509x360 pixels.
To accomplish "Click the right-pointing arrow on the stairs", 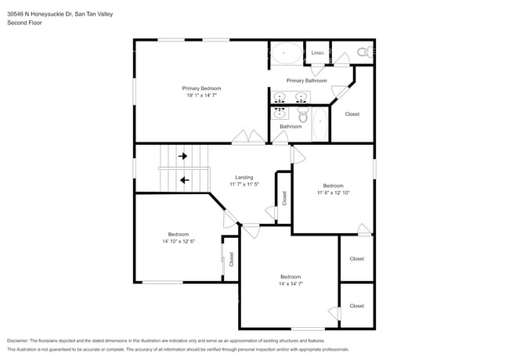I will click(x=183, y=157).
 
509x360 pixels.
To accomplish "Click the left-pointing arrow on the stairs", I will click(x=184, y=180).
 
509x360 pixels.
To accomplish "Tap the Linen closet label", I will click(x=317, y=53).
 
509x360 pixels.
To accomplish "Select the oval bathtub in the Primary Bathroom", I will click(x=286, y=53).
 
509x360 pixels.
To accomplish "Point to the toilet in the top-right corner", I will click(x=363, y=52).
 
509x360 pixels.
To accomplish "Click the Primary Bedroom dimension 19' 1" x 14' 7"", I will click(x=201, y=96).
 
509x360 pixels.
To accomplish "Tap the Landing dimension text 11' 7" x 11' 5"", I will click(x=244, y=185).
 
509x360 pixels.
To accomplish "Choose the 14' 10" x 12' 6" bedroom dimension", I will click(x=178, y=242).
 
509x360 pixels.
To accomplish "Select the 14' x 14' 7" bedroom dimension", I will click(x=291, y=284).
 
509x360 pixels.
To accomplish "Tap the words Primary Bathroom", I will click(x=306, y=81).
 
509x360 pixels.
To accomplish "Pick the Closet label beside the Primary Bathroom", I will click(x=352, y=114).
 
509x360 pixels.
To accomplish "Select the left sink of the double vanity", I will click(x=282, y=97).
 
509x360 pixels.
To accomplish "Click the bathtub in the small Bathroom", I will click(x=319, y=125).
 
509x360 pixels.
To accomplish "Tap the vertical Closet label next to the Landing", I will click(x=284, y=198).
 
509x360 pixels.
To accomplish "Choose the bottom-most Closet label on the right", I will click(x=356, y=306).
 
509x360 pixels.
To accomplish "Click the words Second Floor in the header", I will click(x=24, y=23).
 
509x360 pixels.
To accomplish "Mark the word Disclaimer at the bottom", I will click(x=17, y=341).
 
